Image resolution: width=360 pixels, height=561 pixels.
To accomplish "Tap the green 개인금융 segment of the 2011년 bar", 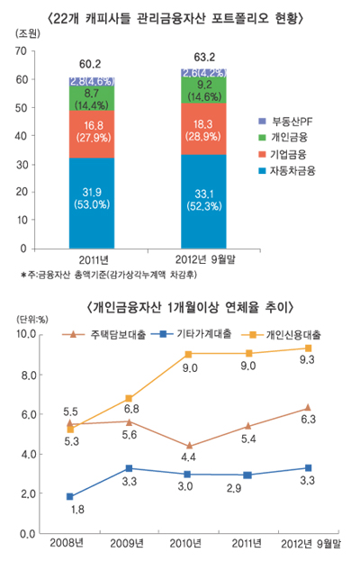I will [90, 98].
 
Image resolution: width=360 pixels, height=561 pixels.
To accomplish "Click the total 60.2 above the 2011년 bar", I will [90, 64].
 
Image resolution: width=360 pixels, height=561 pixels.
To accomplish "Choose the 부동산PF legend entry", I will [286, 120].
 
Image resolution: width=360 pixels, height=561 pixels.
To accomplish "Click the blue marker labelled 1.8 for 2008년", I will [71, 496].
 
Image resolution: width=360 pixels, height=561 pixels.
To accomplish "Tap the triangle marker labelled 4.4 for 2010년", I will [189, 446].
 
